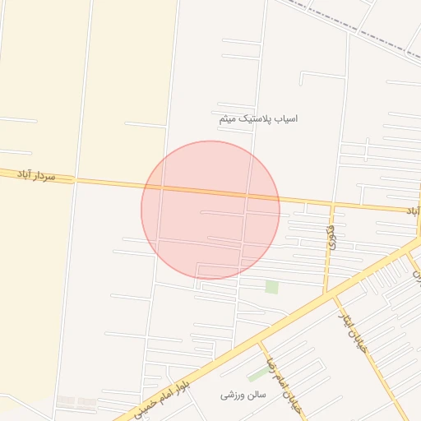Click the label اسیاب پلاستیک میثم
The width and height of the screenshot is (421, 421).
[258, 118]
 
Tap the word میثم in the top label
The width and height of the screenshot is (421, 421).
[229, 118]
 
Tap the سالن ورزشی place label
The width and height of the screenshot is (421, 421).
[243, 395]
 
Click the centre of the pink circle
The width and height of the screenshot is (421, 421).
[210, 210]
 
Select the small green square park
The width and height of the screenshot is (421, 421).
[271, 287]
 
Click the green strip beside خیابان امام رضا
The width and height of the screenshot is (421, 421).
[257, 374]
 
